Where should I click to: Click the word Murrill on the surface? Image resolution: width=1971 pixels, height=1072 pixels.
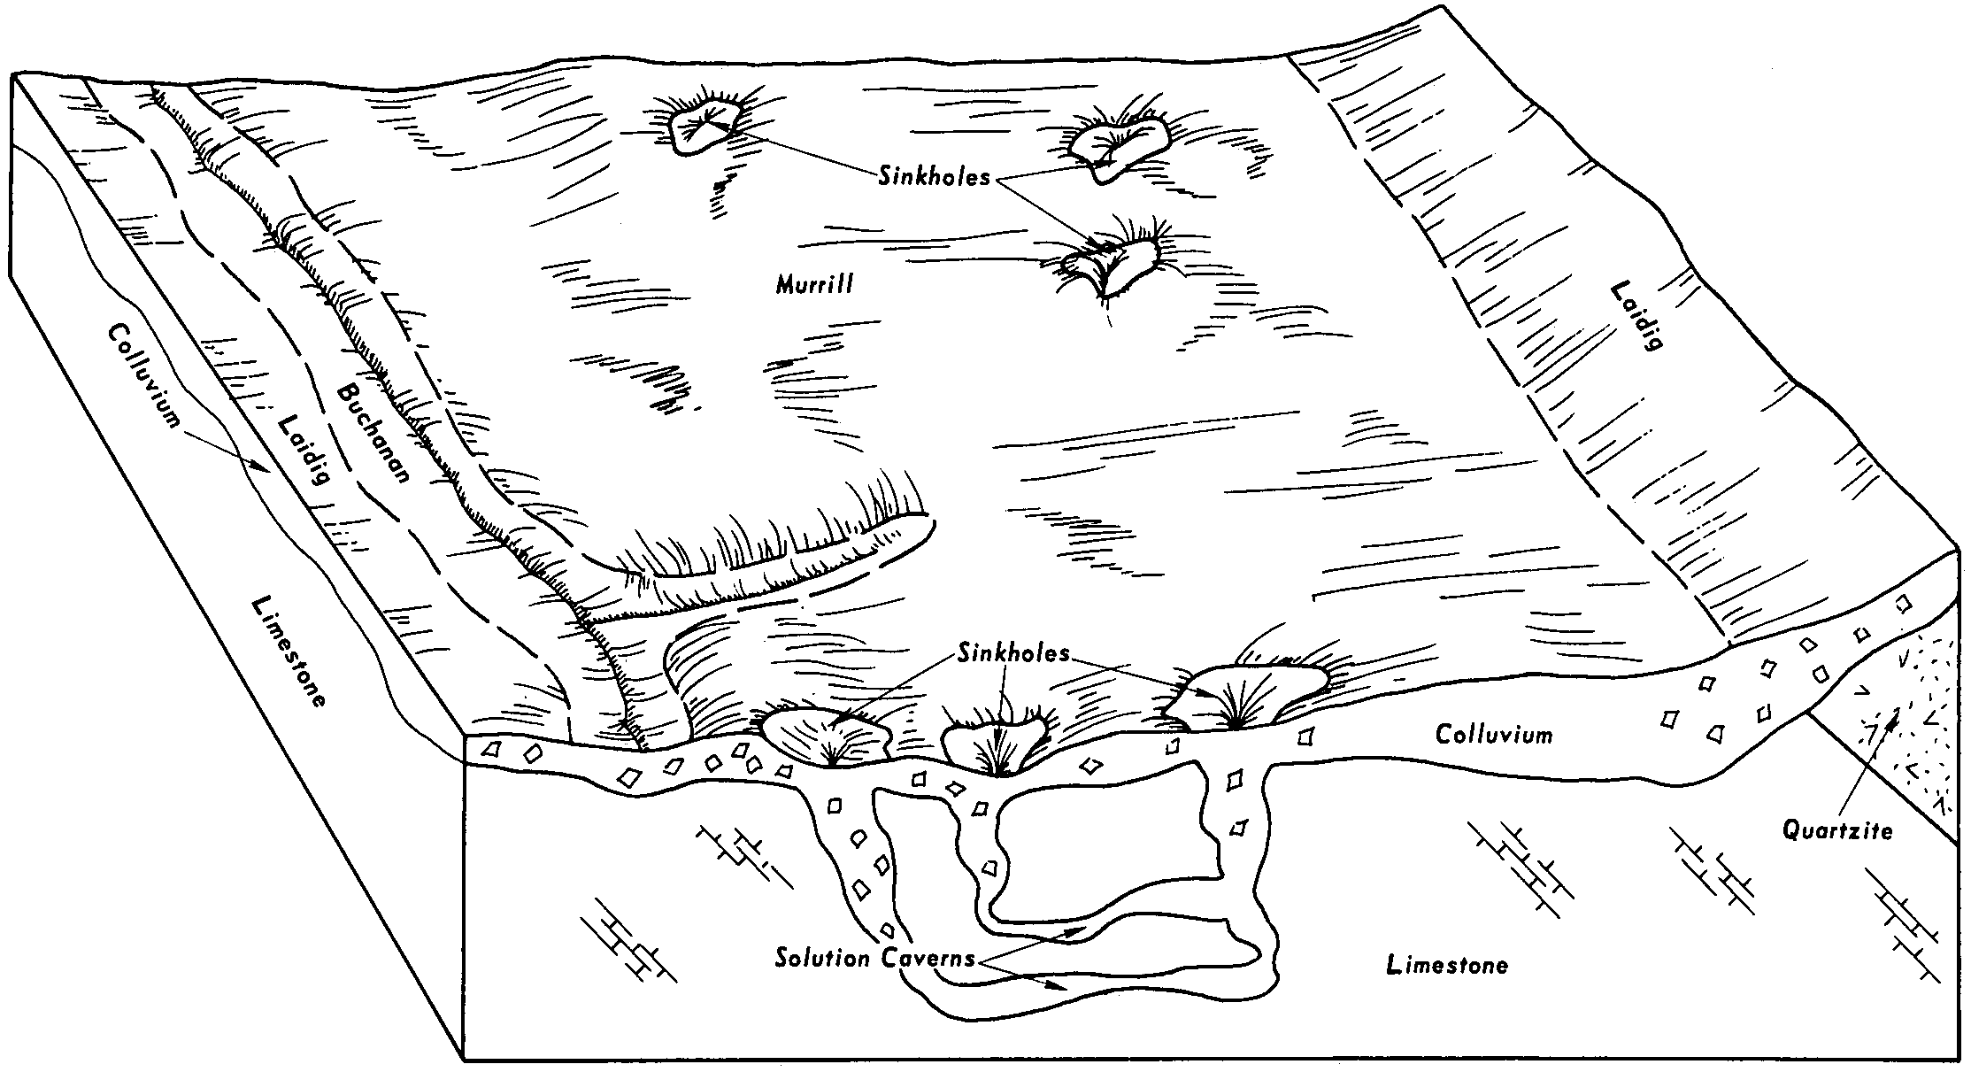point(814,285)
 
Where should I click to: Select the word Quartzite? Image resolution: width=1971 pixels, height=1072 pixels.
point(1836,830)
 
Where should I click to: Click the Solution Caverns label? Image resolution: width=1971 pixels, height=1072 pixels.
point(874,958)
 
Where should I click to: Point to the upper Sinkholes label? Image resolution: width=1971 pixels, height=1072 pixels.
point(935,176)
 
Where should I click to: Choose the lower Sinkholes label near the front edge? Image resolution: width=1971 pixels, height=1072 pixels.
point(1013,654)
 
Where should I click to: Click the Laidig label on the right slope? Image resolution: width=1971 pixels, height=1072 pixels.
point(1633,316)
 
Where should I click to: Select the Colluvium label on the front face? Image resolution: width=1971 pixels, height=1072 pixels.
point(1494,734)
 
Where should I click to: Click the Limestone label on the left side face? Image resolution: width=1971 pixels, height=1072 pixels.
point(289,651)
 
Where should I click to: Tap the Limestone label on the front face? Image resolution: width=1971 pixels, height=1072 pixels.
point(1447,964)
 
